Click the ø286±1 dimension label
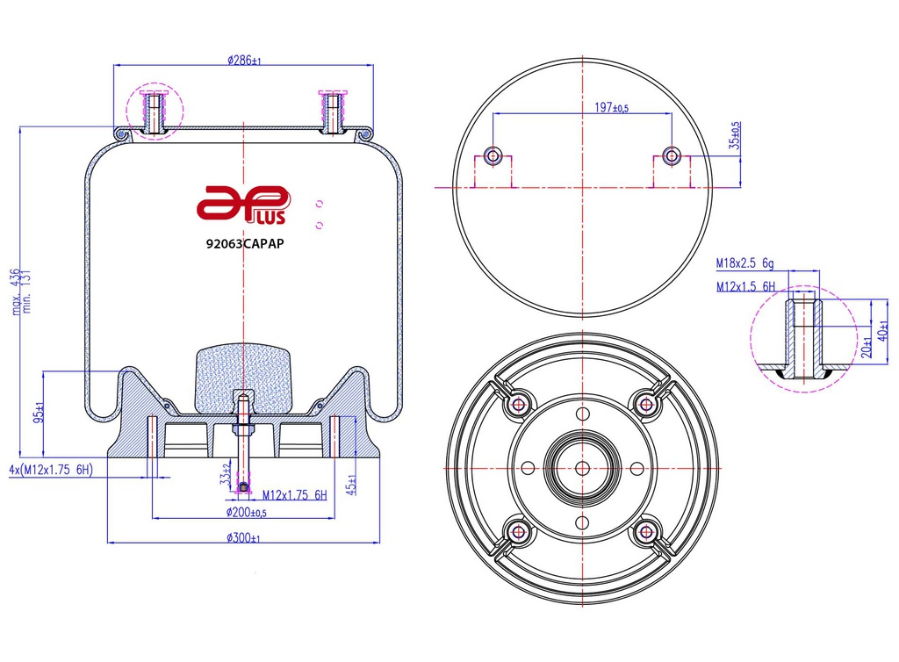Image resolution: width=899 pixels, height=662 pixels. pos(244,60)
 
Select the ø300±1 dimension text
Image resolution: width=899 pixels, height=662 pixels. pos(243,537)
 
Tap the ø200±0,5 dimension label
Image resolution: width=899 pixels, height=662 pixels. pos(247,513)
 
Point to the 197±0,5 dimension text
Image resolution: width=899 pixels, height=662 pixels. pos(611,107)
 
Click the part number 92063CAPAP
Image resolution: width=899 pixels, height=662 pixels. pos(245,243)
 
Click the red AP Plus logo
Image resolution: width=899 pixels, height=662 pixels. pos(244,205)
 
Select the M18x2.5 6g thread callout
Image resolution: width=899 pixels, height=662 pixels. pos(744,263)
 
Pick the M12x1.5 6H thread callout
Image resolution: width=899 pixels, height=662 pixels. pos(745,286)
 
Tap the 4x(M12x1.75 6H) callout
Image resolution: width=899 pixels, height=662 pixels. pos(51,470)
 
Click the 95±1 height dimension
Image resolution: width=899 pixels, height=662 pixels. pos(39,412)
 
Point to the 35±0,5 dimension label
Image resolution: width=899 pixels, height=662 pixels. pos(735,135)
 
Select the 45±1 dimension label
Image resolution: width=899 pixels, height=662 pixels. pos(351,485)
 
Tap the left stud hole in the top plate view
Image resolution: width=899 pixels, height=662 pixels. pos(493,155)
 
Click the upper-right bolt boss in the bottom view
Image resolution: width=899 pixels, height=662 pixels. pos(646,405)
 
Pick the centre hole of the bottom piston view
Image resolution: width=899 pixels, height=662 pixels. pos(583,468)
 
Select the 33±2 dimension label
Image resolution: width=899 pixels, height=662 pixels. pos(225,476)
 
